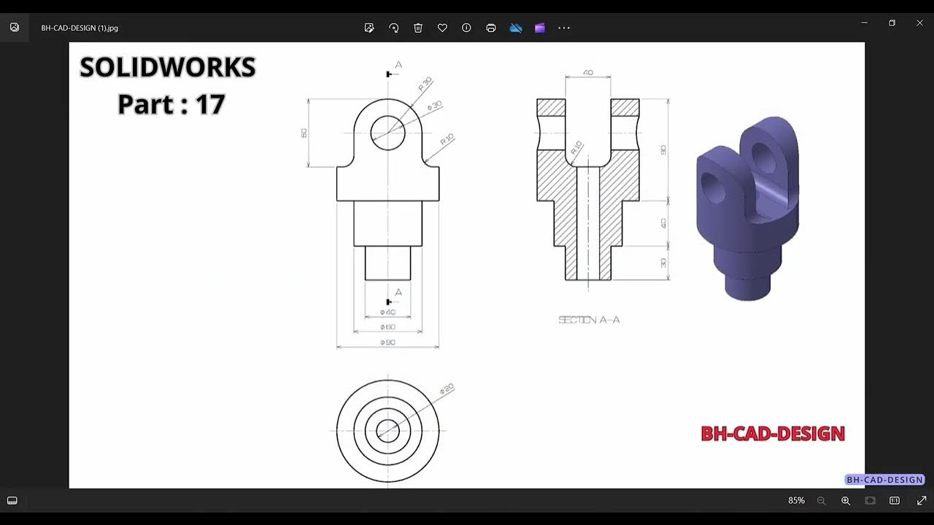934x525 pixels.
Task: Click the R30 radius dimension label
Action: click(425, 83)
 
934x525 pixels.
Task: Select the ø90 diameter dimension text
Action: click(387, 342)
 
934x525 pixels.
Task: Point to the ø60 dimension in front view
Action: click(387, 327)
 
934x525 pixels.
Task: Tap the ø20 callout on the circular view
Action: click(447, 389)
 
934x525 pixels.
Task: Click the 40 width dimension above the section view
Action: click(588, 73)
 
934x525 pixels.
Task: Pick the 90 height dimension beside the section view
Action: click(663, 149)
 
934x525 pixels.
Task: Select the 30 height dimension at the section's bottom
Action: click(663, 262)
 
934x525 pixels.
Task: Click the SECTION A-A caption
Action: click(589, 319)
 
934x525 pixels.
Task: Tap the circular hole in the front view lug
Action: click(387, 133)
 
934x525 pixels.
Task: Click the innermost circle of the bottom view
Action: click(387, 431)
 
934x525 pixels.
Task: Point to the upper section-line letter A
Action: click(398, 65)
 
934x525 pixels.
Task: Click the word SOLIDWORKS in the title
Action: click(168, 68)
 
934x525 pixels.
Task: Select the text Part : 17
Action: click(171, 104)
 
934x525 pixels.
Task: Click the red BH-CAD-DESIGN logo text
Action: click(772, 434)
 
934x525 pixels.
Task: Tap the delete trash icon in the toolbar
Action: click(418, 28)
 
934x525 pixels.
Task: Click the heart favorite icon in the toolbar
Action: click(442, 28)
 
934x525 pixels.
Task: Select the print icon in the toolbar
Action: click(491, 28)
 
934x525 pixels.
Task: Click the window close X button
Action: click(919, 23)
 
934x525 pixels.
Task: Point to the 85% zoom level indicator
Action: click(796, 501)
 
